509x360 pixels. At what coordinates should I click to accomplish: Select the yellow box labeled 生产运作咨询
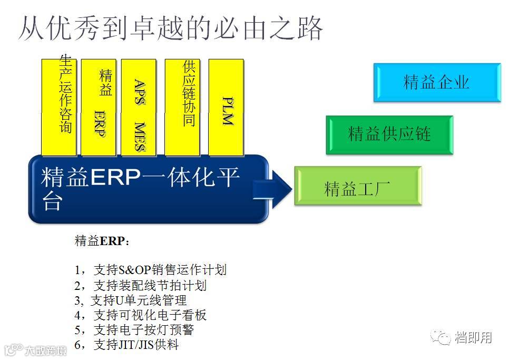click(x=59, y=108)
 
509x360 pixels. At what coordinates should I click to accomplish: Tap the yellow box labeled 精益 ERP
click(x=99, y=108)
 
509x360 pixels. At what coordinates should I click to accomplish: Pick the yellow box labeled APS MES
click(x=139, y=108)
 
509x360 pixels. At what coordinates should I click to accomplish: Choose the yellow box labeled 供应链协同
click(x=182, y=108)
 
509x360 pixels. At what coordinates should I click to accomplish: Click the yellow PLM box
click(x=226, y=108)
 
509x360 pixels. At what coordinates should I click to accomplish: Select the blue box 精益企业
click(x=436, y=82)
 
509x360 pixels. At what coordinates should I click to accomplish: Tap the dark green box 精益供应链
click(x=389, y=134)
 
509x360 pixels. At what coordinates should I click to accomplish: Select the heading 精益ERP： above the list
click(x=102, y=241)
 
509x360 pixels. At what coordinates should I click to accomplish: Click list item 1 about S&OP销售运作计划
click(x=150, y=270)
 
